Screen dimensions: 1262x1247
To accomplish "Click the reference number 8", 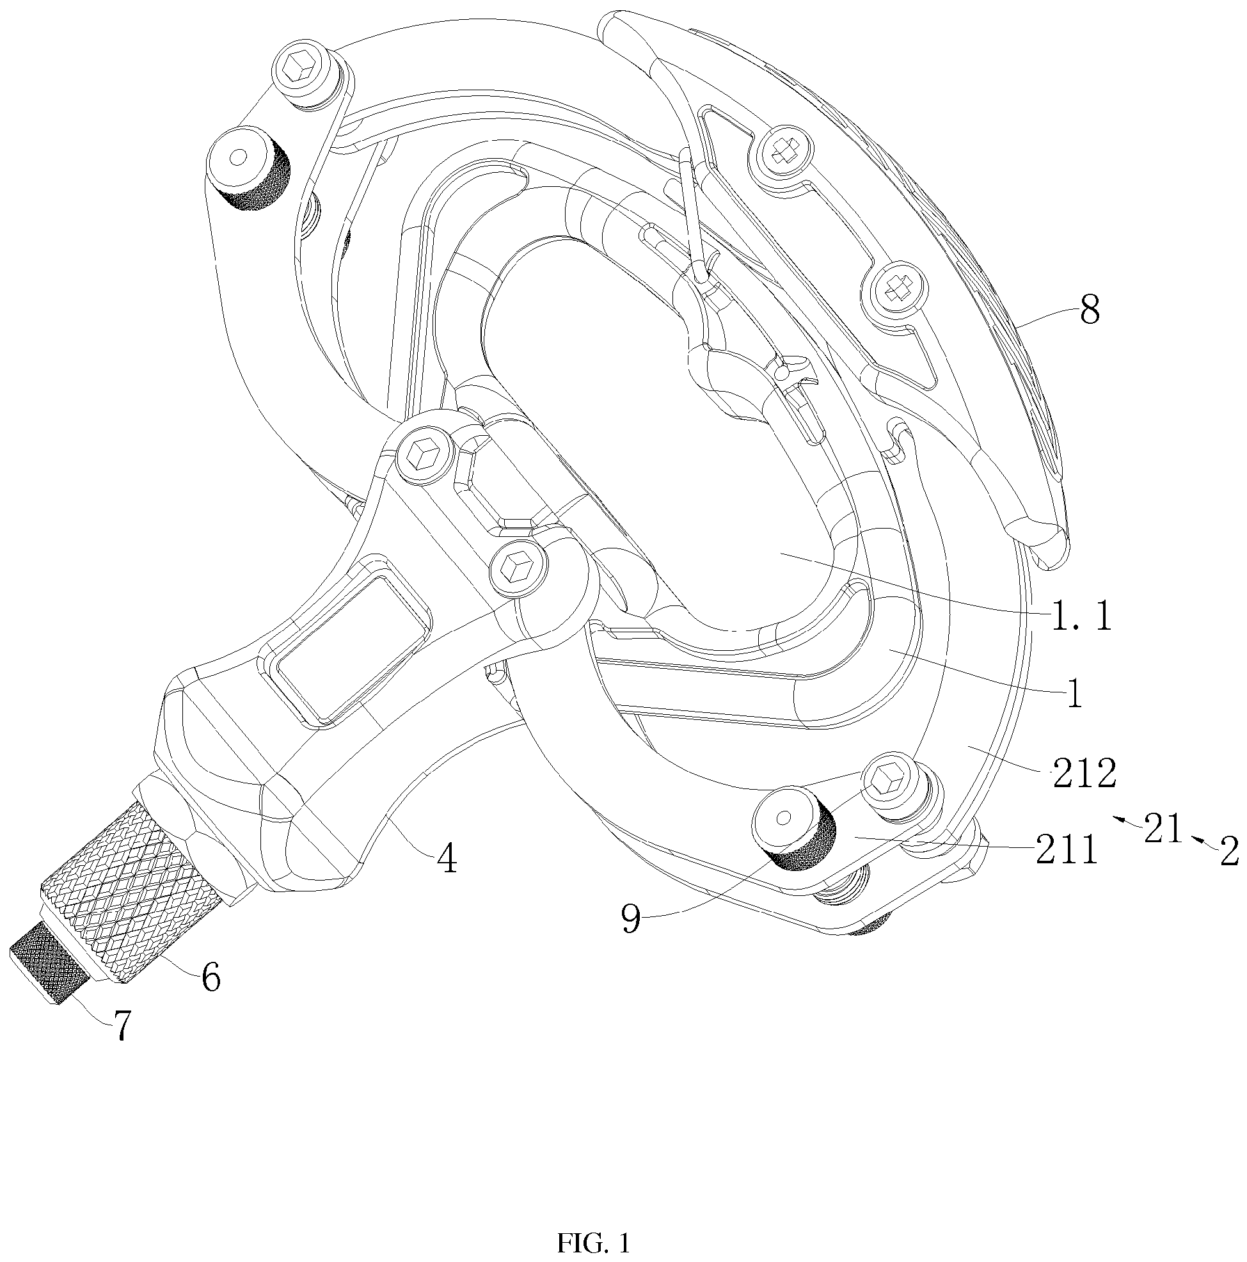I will pos(1089,311).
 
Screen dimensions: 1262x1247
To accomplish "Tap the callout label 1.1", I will pos(1081,616).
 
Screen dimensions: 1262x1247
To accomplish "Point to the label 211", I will pos(1065,851).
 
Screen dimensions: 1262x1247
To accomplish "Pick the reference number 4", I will pos(447,859).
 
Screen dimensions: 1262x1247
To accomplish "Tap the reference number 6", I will pos(210,978).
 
